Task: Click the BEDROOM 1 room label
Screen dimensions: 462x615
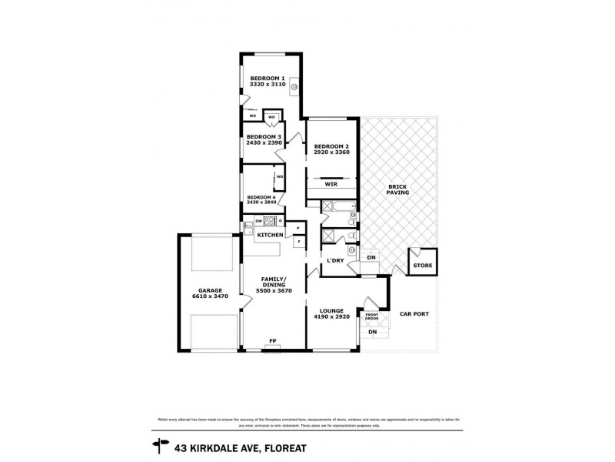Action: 267,78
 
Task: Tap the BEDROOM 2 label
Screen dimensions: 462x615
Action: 332,146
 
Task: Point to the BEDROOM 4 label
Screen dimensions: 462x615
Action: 262,197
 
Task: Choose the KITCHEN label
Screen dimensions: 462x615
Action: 270,234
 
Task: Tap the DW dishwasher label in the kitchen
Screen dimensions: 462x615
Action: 259,221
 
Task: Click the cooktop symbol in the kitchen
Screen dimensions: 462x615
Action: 271,221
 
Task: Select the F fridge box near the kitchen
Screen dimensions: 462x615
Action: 299,242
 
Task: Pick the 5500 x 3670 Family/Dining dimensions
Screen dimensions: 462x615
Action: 274,286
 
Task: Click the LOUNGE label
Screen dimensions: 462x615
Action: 332,311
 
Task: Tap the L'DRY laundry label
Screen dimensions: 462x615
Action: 334,260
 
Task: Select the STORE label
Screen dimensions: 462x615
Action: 423,266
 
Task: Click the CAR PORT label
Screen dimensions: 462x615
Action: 414,314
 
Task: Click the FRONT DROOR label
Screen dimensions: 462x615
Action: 372,316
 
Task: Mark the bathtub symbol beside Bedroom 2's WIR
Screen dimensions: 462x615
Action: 339,206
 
